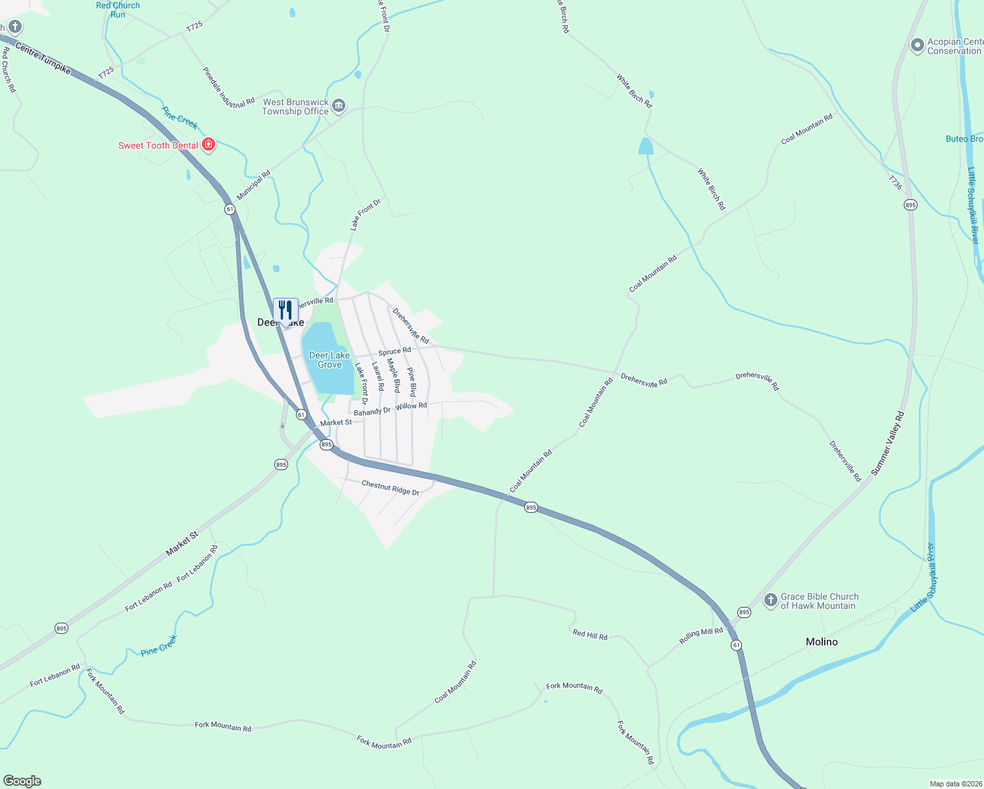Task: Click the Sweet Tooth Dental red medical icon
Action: pyautogui.click(x=209, y=145)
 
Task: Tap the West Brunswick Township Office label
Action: pyautogui.click(x=295, y=107)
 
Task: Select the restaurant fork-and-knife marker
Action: pyautogui.click(x=285, y=310)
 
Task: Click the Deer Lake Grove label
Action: pyautogui.click(x=330, y=360)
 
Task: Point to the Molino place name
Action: pyautogui.click(x=822, y=642)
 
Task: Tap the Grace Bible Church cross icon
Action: pyautogui.click(x=770, y=600)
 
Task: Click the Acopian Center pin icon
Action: pyautogui.click(x=917, y=45)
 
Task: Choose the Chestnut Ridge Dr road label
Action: pyautogui.click(x=390, y=487)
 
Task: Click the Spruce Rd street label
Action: pyautogui.click(x=395, y=351)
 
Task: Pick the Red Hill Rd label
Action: pyautogui.click(x=590, y=635)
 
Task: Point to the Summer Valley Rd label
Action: pyautogui.click(x=888, y=443)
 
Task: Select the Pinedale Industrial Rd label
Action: pyautogui.click(x=228, y=88)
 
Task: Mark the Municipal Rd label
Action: pyautogui.click(x=254, y=186)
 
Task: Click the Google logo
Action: pyautogui.click(x=22, y=781)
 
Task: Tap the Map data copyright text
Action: pyautogui.click(x=955, y=784)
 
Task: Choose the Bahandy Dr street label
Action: pyautogui.click(x=372, y=412)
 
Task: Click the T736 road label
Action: pyautogui.click(x=895, y=182)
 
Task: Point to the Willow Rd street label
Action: pyautogui.click(x=411, y=406)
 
